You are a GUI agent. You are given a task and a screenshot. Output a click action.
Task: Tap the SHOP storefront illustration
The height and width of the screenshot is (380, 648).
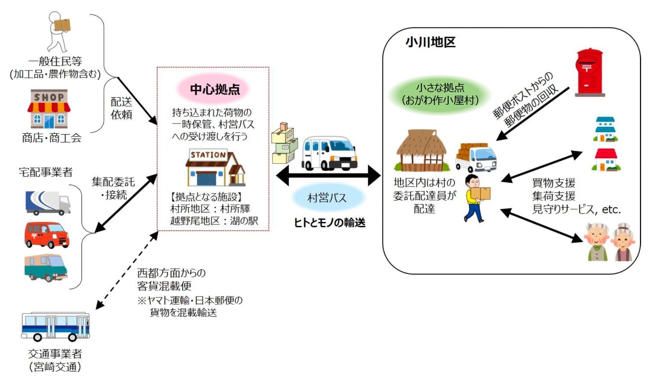pyautogui.click(x=49, y=109)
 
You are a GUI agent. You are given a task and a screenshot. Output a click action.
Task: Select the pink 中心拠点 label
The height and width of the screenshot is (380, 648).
pyautogui.click(x=215, y=89)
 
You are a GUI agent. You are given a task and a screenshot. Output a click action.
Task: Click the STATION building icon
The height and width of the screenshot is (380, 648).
pyautogui.click(x=215, y=168)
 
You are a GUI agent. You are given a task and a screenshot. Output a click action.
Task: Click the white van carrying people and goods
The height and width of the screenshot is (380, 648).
pyautogui.click(x=329, y=153)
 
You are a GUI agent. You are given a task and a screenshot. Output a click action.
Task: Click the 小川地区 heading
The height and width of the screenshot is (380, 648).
pyautogui.click(x=430, y=42)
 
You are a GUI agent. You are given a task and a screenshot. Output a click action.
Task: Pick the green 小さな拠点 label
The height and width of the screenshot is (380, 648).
pyautogui.click(x=440, y=94)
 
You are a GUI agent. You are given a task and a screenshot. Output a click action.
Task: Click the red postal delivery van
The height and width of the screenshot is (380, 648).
pyautogui.click(x=47, y=235)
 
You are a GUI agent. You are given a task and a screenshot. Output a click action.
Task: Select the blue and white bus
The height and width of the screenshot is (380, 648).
pyautogui.click(x=55, y=326)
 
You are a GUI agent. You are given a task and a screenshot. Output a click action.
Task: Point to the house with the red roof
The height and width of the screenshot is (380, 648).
pyautogui.click(x=606, y=160)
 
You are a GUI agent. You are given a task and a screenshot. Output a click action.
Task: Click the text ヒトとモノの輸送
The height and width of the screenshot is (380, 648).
pyautogui.click(x=330, y=223)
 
